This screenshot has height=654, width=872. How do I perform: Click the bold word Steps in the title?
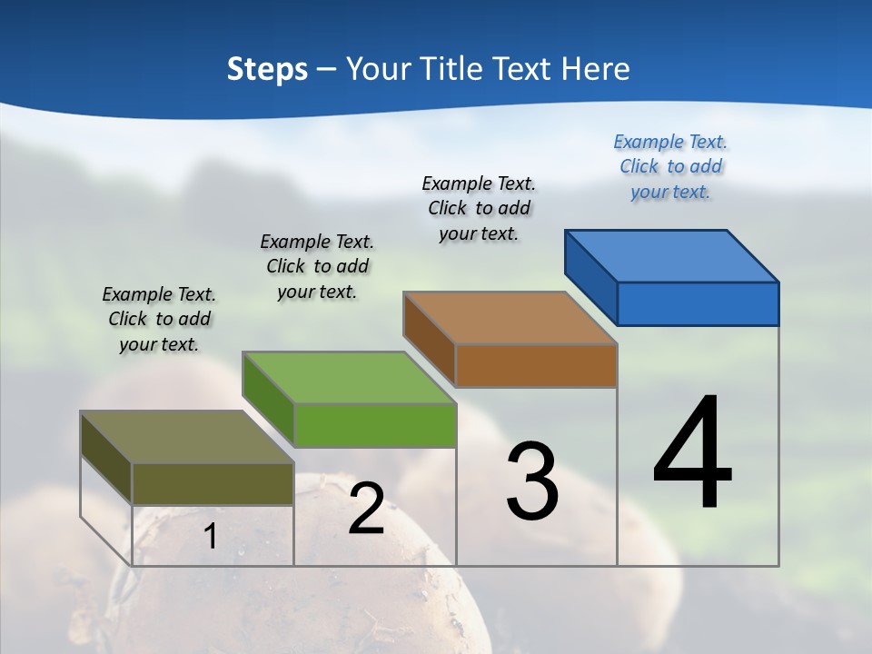coord(267,69)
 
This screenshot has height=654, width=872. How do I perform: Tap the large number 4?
coord(693,454)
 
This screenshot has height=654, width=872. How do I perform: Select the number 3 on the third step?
coord(532,481)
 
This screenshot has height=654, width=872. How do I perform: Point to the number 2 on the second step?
coord(366,509)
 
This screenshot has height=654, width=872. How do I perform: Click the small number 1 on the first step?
coord(211,537)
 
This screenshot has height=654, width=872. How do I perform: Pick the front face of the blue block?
coord(698,303)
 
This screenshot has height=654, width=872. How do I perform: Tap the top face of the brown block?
coord(509,318)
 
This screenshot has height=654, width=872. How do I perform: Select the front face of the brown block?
coord(536,365)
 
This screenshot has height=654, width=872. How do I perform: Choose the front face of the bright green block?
coord(375,425)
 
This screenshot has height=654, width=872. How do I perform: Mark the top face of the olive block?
coord(186,437)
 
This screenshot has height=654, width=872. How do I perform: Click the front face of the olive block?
coord(213,483)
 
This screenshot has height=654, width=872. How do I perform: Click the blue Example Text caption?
coord(670,166)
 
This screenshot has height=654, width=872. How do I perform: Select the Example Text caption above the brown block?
coord(479,208)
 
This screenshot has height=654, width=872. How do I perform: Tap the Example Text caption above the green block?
coord(317,266)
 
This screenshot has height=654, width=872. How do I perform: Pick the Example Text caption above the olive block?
coord(159,319)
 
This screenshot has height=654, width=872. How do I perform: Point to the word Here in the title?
coord(596,69)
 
